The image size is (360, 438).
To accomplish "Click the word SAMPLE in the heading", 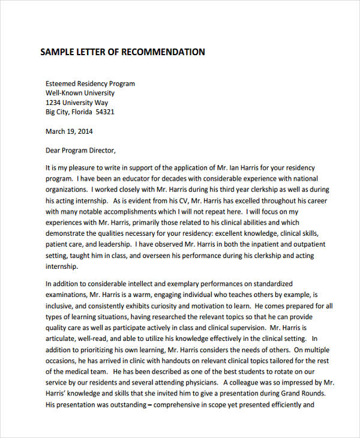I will [x=55, y=52].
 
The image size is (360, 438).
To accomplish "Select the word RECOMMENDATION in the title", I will [x=163, y=52].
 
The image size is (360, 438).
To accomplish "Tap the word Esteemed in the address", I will [x=61, y=83].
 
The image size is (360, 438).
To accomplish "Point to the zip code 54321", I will [x=105, y=112].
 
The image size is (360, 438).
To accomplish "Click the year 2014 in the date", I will [x=85, y=131].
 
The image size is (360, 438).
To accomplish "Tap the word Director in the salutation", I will [x=100, y=150].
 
